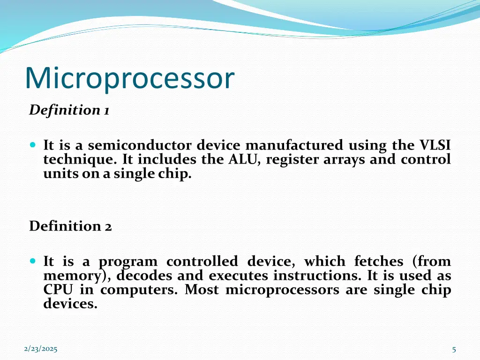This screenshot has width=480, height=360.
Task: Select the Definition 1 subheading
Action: click(69, 110)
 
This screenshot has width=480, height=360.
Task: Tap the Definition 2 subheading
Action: click(70, 226)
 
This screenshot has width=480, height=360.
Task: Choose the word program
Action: click(127, 262)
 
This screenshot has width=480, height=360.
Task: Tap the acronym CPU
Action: click(58, 290)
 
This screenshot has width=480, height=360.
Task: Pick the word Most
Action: click(202, 290)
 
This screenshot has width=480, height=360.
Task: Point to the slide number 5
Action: click(454, 349)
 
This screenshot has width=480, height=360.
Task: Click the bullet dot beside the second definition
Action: click(32, 260)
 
